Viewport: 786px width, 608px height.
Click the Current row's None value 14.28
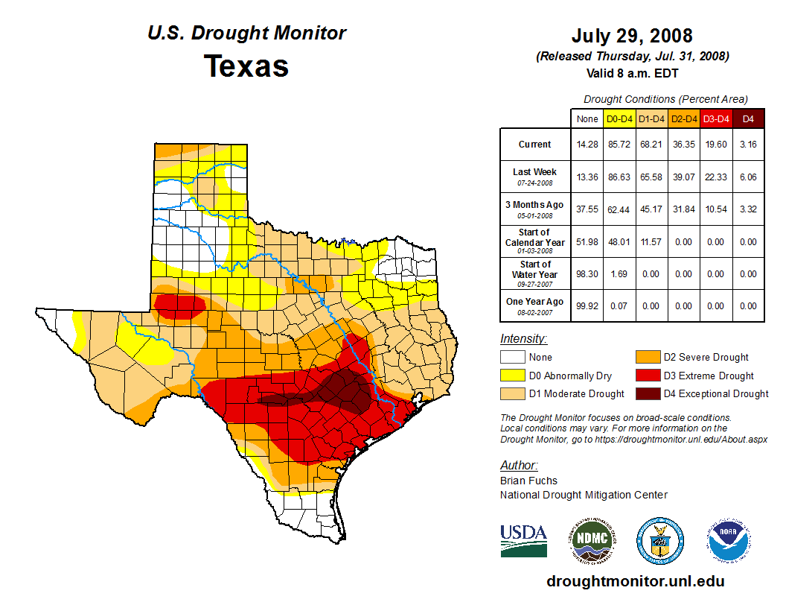[x=587, y=145]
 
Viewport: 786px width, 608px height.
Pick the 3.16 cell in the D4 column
[x=748, y=145]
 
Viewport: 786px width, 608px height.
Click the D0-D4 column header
[x=619, y=118]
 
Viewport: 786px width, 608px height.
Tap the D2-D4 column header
[x=683, y=118]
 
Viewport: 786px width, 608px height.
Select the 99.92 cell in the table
[x=587, y=305]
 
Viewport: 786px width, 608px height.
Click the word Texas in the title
[x=246, y=66]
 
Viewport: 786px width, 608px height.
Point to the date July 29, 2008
[x=632, y=36]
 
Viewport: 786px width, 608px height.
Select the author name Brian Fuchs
[x=528, y=481]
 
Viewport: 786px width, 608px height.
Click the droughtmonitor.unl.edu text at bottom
[x=635, y=581]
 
